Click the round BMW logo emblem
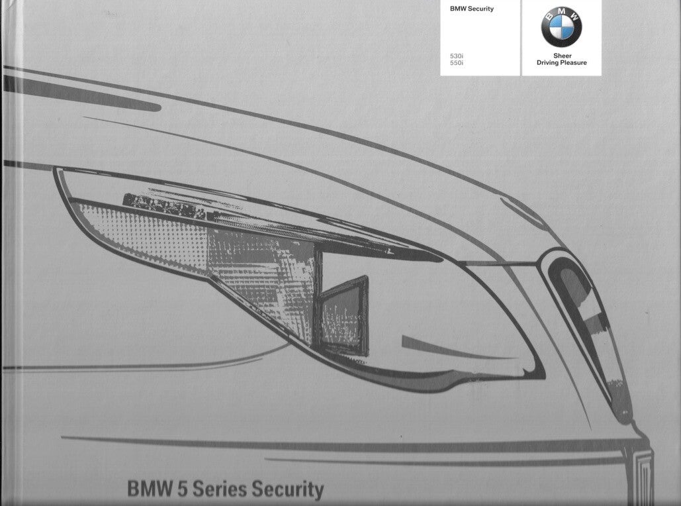(561, 28)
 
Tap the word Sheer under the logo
(561, 56)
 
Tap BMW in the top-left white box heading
(458, 9)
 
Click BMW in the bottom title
(147, 491)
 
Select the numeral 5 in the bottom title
(178, 491)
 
